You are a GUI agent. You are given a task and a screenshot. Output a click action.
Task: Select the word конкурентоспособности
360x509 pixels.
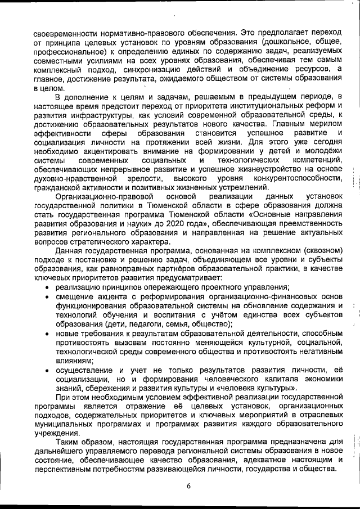(x=298, y=178)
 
